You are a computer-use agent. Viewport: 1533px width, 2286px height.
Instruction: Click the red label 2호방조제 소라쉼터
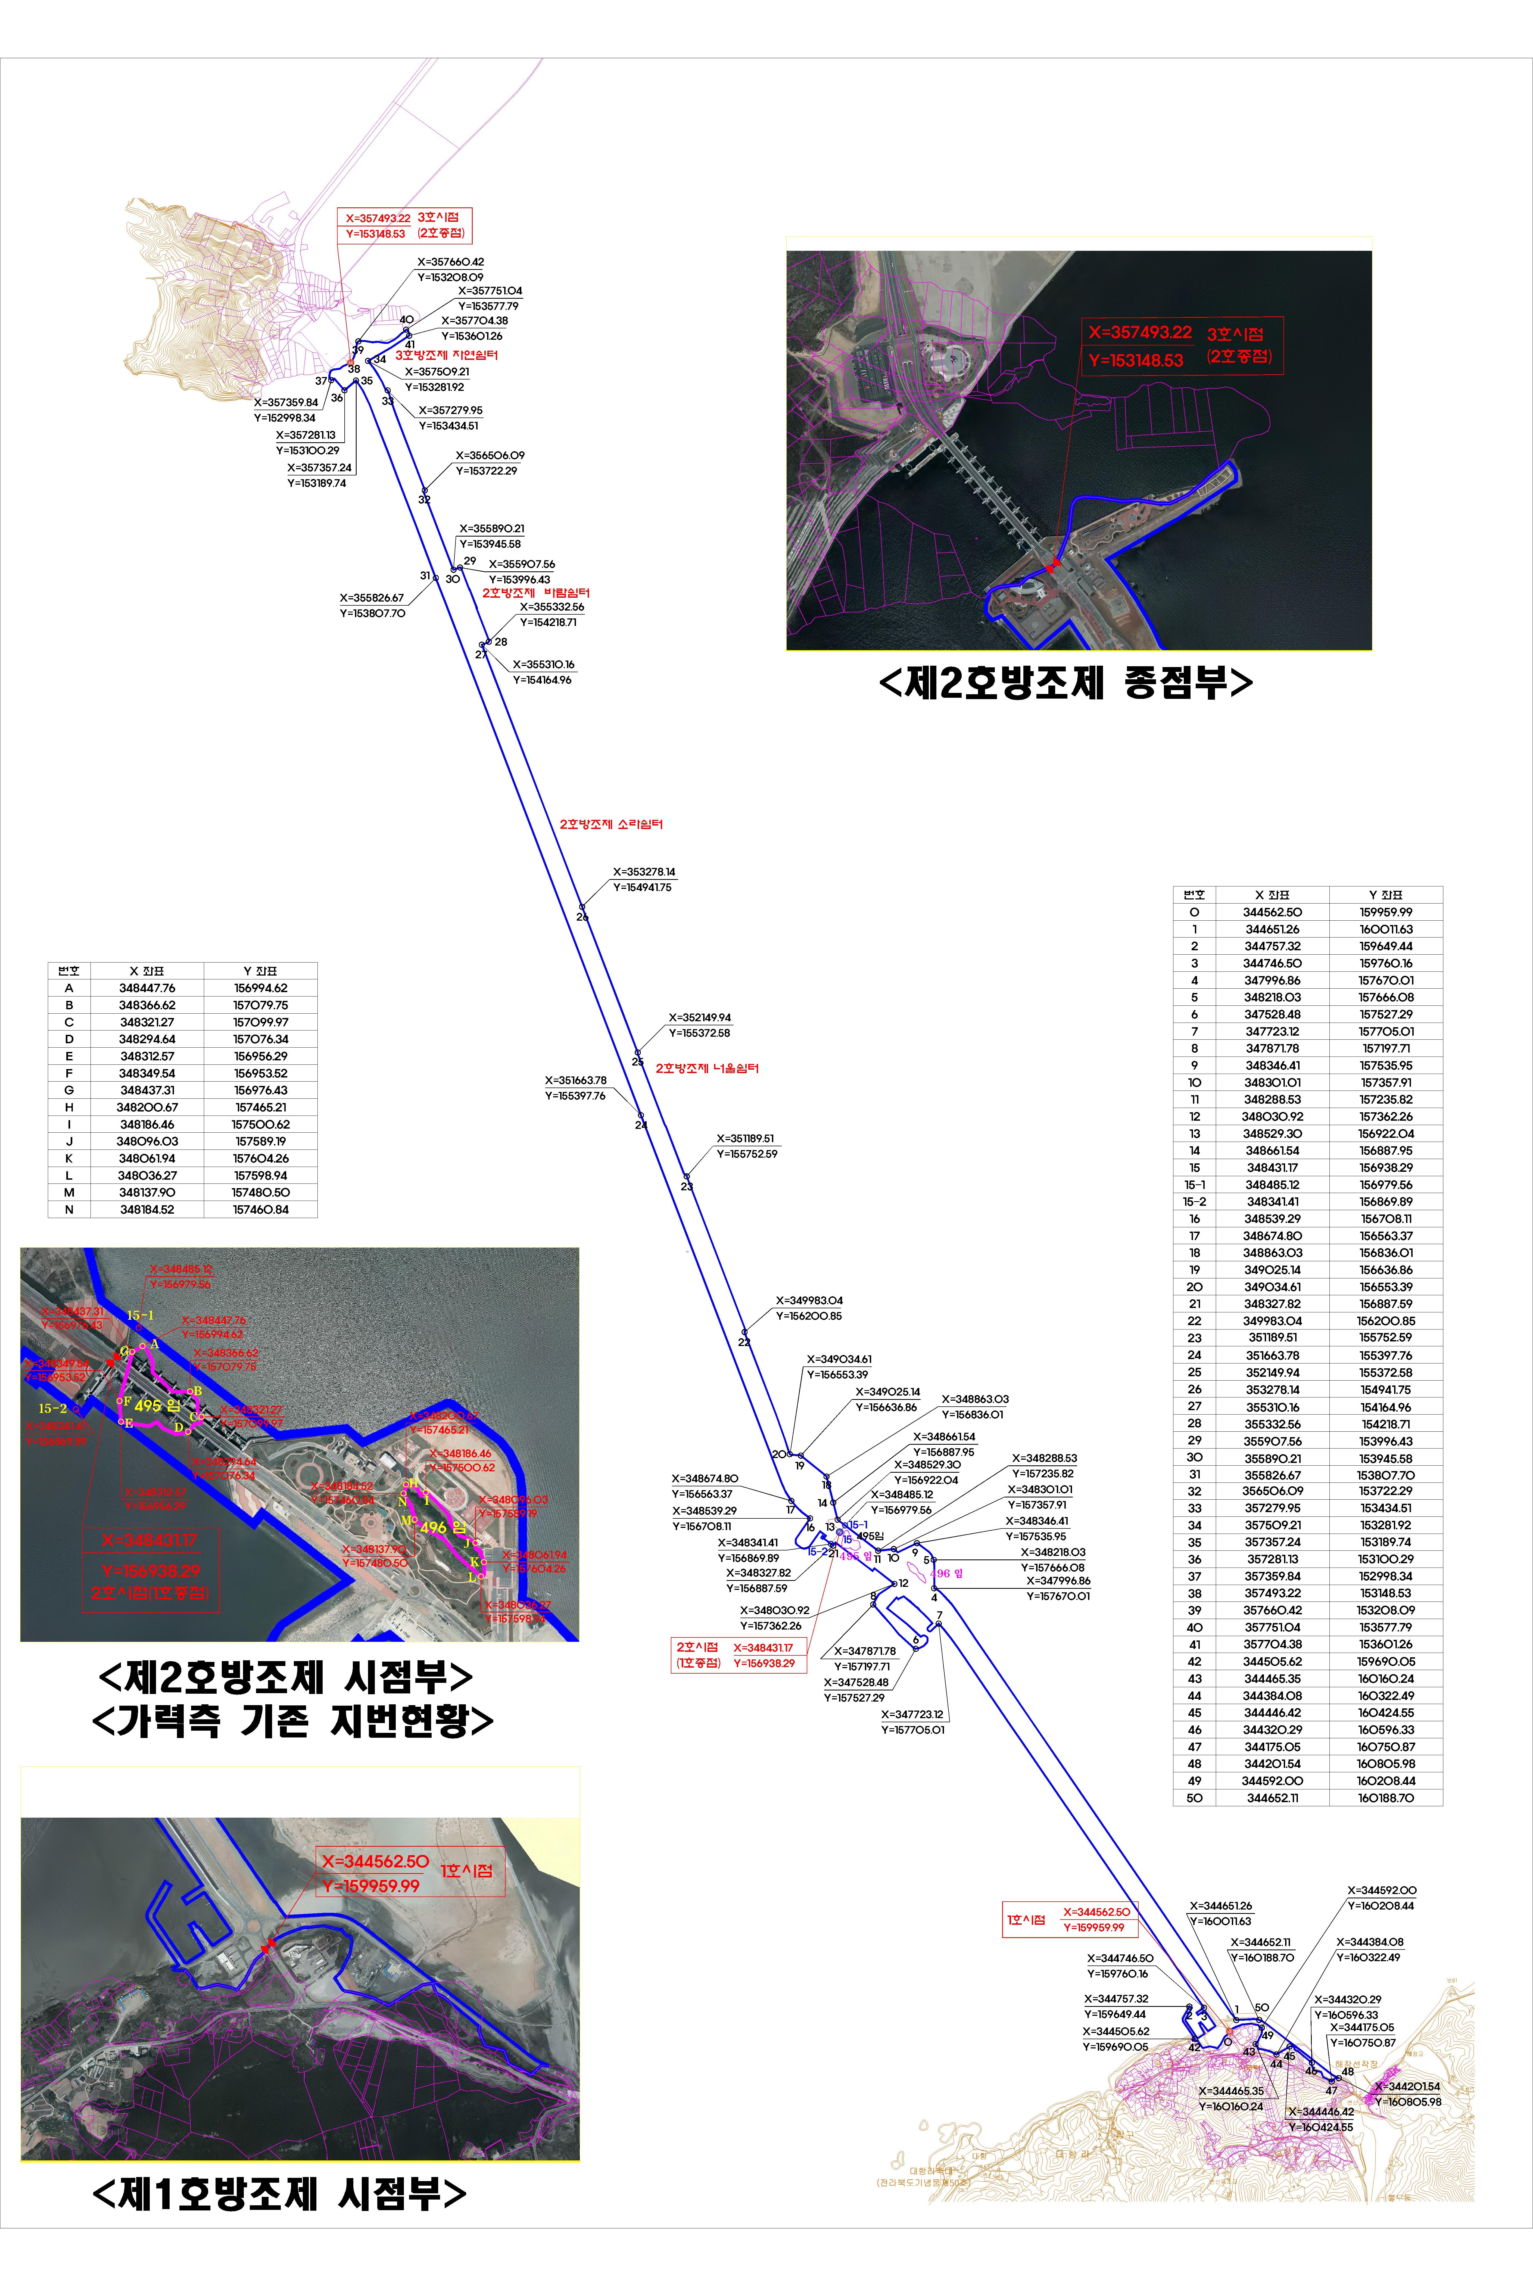point(611,824)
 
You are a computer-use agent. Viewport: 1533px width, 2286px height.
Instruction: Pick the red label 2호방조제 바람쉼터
point(536,593)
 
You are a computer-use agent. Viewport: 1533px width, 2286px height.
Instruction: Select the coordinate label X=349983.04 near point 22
point(809,1300)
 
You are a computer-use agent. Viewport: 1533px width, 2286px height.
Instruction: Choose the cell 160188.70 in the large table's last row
point(1385,1798)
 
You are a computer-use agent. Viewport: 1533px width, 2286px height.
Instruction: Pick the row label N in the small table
point(68,1210)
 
